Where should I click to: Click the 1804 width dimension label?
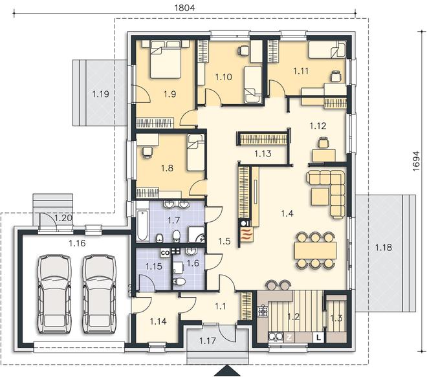184,8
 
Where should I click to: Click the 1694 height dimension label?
416,162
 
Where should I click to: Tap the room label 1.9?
170,94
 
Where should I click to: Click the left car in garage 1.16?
55,294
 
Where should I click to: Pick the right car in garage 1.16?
99,294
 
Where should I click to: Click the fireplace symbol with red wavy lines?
246,234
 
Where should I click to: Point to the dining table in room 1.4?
315,250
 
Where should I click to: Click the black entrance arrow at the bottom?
226,371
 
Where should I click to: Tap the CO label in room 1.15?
165,253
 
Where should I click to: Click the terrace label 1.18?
384,248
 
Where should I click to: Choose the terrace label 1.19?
100,94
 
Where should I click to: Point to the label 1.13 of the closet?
263,154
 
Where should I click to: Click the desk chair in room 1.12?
323,143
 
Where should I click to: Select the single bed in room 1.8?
195,153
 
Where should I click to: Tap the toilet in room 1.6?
179,281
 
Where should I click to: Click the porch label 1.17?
208,341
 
